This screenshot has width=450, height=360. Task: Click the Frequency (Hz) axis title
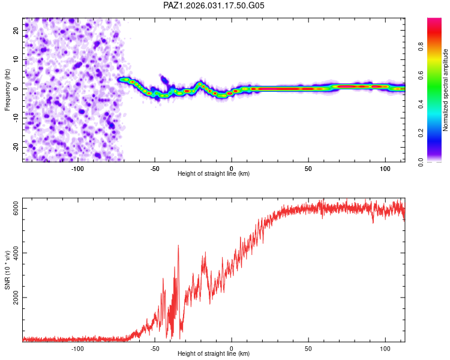click(7, 90)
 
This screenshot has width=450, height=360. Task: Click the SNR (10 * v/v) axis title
click(7, 271)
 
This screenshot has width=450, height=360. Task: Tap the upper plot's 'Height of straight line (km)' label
click(214, 173)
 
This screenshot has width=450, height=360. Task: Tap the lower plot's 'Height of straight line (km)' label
click(214, 353)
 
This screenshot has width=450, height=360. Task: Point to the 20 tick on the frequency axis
click(16, 30)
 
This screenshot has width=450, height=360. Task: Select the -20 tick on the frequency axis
click(16, 147)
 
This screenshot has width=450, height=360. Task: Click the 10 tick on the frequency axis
click(16, 59)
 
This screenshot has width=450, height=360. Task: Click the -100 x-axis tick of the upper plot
click(77, 168)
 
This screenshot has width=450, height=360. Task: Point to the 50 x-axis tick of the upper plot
click(308, 168)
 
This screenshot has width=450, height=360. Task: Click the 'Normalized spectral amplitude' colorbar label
click(446, 90)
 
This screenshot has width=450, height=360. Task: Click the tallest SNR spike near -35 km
click(178, 245)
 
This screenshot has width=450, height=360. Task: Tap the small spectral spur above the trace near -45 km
click(163, 77)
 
